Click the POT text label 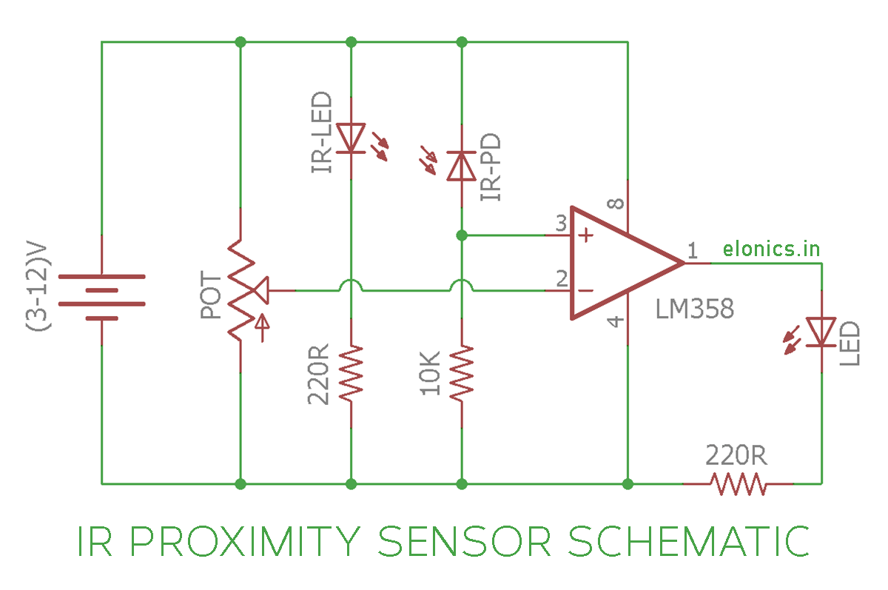click(211, 295)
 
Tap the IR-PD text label click(491, 167)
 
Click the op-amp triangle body click(614, 263)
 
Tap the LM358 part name click(695, 309)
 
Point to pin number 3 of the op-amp click(561, 222)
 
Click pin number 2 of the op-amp click(561, 278)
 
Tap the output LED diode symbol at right click(821, 332)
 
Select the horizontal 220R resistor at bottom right click(738, 484)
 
